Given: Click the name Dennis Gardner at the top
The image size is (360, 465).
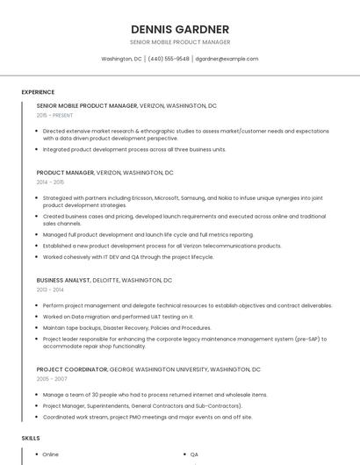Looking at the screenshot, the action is coord(180,29).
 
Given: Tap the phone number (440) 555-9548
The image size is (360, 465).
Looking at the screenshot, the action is coord(169,59).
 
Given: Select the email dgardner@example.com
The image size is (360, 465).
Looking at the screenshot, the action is coord(227,59).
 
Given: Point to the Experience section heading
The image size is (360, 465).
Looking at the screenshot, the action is coord(38,92).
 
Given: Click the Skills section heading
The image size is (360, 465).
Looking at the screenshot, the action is coord(31,437).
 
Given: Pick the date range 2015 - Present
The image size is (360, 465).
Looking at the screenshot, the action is coord(54,115).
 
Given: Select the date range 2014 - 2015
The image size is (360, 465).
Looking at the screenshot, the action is coord(50,182).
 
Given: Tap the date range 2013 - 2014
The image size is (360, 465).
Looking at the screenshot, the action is coord(50,290).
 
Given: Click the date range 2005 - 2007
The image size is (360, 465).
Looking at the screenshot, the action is coord(51,379).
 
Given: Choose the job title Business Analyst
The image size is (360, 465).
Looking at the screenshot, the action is coord(63,280).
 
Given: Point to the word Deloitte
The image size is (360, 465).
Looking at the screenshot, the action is coord(106,280).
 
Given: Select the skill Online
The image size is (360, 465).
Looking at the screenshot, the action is coord(50,454).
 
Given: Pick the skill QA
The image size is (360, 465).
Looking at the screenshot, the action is coord(194,454).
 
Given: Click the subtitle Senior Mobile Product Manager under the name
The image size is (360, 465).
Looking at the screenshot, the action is coord(180,42).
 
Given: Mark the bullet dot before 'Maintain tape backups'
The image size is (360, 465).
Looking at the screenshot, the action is coord(35,327).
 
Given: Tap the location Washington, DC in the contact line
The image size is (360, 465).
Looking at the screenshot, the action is coord(121,59).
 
